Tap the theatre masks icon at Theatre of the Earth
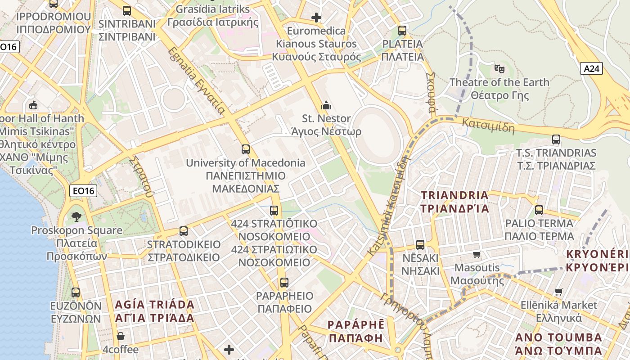point(499,69)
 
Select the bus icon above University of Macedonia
point(245,149)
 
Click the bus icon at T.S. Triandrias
point(556,139)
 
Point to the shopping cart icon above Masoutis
point(477,254)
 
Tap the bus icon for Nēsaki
point(420,244)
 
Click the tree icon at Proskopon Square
point(76,217)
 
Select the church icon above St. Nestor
point(326,106)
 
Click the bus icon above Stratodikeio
point(184,231)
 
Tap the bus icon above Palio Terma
point(539,210)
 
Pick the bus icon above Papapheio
point(284,282)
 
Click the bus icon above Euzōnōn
point(76,292)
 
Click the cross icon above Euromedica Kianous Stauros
point(316,18)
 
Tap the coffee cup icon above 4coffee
point(121,336)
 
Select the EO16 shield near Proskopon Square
point(84,191)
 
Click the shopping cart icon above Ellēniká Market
point(559,292)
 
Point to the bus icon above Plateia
point(402,31)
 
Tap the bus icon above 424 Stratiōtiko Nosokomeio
point(274,210)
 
